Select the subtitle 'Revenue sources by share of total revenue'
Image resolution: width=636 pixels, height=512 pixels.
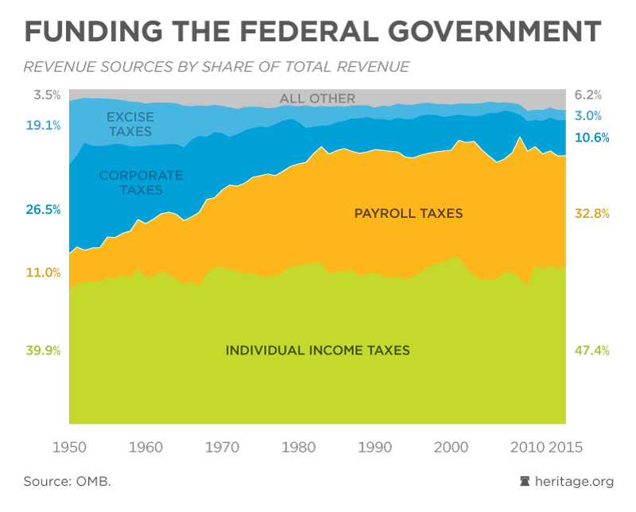pyautogui.click(x=216, y=67)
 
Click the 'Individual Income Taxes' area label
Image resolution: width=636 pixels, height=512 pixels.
pyautogui.click(x=318, y=350)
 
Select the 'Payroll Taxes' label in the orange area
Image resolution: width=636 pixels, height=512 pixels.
pyautogui.click(x=409, y=213)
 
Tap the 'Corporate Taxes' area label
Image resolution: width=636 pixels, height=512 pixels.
pyautogui.click(x=141, y=182)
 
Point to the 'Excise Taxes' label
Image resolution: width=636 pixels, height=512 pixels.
pyautogui.click(x=130, y=124)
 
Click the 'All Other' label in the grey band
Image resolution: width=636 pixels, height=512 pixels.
pyautogui.click(x=317, y=99)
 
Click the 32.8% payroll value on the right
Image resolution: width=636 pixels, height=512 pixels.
pyautogui.click(x=591, y=213)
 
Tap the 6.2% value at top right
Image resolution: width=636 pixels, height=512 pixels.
pyautogui.click(x=588, y=94)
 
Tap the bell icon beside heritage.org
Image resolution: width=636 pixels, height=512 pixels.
pyautogui.click(x=525, y=482)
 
